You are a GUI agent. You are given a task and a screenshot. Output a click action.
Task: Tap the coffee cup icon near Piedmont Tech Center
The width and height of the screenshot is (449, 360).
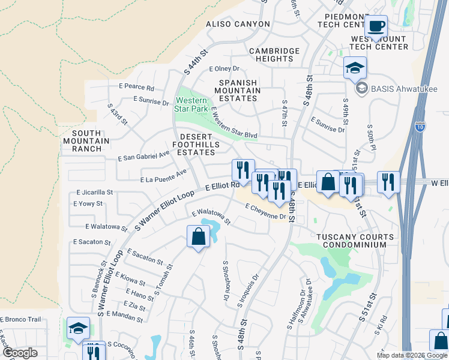(x=376, y=26)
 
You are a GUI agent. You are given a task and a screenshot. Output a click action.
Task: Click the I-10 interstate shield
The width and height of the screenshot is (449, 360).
(x=420, y=126)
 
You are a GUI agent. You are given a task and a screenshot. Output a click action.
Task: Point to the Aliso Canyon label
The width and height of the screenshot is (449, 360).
(x=238, y=24)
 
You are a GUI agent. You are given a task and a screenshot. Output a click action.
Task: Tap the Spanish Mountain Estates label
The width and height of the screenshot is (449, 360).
(x=238, y=91)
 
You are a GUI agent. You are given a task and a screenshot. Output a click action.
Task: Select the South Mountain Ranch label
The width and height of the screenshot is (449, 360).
(x=91, y=141)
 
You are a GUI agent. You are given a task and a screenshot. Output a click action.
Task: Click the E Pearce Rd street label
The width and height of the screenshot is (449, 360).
(x=136, y=88)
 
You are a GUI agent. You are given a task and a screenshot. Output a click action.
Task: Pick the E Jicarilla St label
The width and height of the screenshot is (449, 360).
(x=94, y=193)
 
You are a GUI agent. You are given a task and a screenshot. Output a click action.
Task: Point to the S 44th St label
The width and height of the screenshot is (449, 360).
(x=195, y=62)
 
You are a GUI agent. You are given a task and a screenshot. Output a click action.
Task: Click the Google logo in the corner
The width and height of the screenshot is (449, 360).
(x=20, y=353)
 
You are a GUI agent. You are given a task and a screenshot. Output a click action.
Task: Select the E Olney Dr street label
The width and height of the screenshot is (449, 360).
(x=224, y=69)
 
